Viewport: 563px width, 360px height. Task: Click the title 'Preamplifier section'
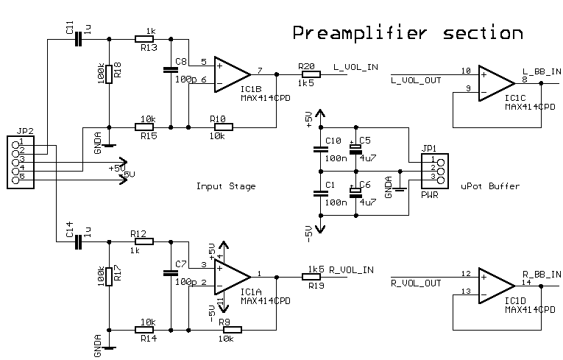(x=407, y=33)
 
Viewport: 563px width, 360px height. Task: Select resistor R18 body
(x=109, y=74)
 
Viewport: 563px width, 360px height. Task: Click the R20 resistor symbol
(x=311, y=74)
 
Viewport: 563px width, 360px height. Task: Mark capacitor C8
(x=171, y=71)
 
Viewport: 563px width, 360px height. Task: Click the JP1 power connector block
(x=431, y=169)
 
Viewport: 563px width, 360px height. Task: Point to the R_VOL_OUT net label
(x=416, y=282)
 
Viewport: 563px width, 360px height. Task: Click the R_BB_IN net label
(x=542, y=274)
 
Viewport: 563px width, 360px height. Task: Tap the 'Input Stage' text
(x=226, y=186)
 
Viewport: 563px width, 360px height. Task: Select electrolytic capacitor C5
(x=355, y=149)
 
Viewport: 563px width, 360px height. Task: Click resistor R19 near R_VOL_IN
(x=312, y=277)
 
